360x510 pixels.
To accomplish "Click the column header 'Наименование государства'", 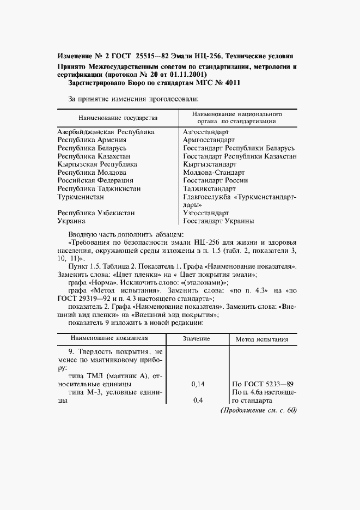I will point(118,118).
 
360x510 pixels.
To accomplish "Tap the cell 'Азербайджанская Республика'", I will point(106,132).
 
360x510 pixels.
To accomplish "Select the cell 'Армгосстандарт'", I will point(209,140).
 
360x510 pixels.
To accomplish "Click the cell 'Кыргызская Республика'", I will point(97,164).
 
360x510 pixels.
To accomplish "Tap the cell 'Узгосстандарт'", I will point(206,213).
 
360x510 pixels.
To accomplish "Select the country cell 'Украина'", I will point(71,221).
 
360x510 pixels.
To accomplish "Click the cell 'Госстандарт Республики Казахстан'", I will point(240,156).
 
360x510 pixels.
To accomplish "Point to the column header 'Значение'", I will point(197,339).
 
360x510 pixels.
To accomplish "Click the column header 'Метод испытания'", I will point(261,339).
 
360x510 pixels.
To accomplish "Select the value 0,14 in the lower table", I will point(198,384).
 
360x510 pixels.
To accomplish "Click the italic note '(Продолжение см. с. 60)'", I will point(258,410).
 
